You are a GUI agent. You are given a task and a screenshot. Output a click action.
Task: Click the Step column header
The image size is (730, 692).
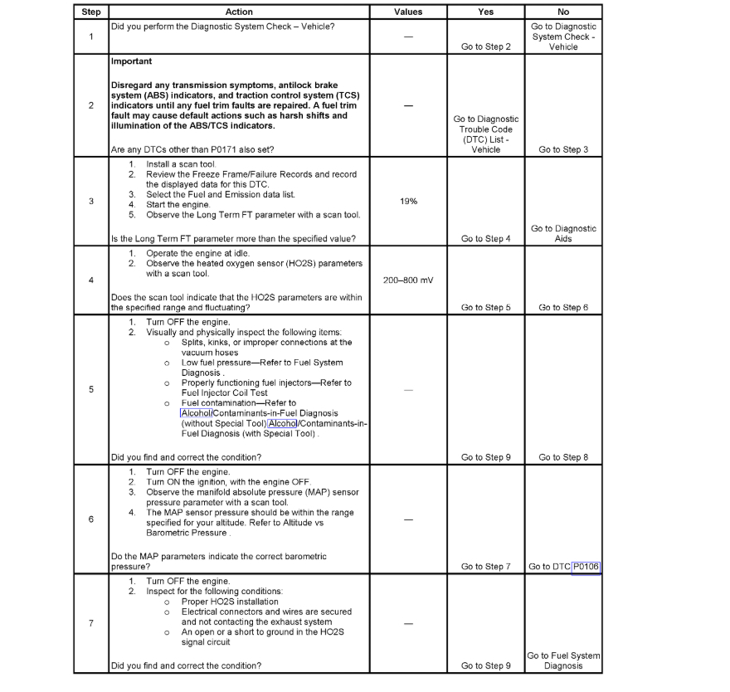90,12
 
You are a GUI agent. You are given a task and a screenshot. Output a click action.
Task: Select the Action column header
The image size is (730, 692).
239,12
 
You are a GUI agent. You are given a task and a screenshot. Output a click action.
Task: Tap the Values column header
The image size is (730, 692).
407,12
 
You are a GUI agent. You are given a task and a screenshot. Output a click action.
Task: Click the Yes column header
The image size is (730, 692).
485,12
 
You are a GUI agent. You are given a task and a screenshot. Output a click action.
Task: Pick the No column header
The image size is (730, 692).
563,12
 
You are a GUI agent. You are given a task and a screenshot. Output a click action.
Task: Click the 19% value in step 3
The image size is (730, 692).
407,202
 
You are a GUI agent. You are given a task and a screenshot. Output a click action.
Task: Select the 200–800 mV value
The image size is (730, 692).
407,280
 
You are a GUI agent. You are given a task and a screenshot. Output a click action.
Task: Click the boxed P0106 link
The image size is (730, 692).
586,567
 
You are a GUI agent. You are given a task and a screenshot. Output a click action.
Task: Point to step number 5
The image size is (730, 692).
90,389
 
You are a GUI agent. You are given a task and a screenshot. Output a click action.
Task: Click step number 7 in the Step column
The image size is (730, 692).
90,623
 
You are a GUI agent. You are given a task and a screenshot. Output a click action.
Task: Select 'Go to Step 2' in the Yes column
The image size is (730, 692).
485,47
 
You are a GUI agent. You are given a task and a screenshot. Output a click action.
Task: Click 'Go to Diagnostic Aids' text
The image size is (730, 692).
563,233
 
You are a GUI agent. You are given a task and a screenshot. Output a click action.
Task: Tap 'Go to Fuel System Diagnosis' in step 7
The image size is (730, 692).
563,660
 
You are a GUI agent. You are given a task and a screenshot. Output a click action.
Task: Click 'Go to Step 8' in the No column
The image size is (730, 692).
563,457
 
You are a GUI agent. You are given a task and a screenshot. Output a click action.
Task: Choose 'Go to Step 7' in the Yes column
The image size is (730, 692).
485,567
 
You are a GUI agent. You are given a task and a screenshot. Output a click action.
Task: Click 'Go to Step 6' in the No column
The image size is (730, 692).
563,308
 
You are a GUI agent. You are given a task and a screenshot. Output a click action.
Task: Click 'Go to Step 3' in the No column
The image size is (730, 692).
563,150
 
